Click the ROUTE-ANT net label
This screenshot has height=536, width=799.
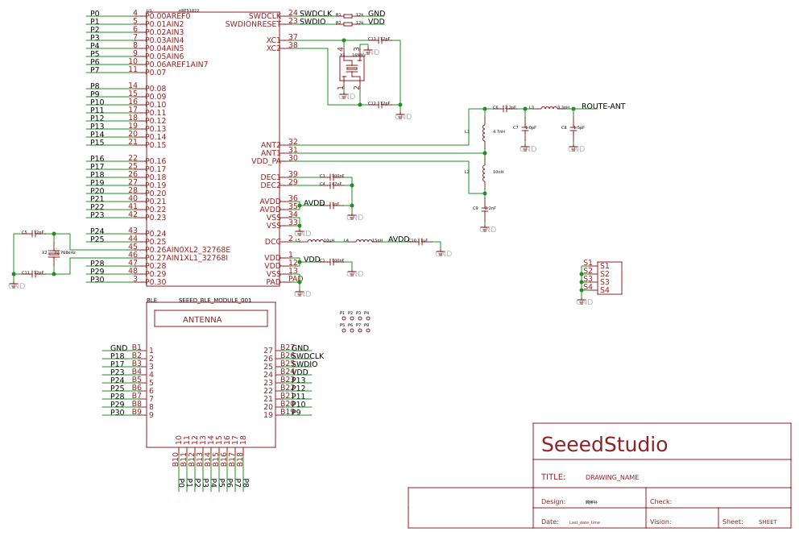pos(602,106)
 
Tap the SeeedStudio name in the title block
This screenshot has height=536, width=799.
pos(604,445)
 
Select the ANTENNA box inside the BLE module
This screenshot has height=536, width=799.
pos(210,319)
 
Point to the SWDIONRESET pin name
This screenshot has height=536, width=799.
pos(253,24)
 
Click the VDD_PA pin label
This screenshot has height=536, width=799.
pos(266,161)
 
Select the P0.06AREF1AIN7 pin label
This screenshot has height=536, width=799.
pos(176,64)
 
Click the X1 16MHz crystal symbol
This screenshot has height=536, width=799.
pos(352,68)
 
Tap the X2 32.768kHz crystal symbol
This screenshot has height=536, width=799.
pos(54,253)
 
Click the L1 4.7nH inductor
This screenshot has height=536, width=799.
pos(484,131)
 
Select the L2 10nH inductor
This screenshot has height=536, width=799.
pos(484,172)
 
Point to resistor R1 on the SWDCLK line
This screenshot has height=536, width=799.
pos(348,15)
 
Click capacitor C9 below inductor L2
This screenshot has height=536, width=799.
pos(484,209)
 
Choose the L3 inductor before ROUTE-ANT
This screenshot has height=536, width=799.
pos(549,107)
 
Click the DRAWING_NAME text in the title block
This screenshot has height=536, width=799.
pos(611,477)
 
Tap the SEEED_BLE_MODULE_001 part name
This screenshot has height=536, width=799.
pos(214,301)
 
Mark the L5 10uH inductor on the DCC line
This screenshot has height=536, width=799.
pos(315,240)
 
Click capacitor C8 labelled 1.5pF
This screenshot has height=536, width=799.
pos(573,127)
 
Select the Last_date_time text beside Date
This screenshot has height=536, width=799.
pos(584,522)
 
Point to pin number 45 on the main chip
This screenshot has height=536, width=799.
pos(132,247)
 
